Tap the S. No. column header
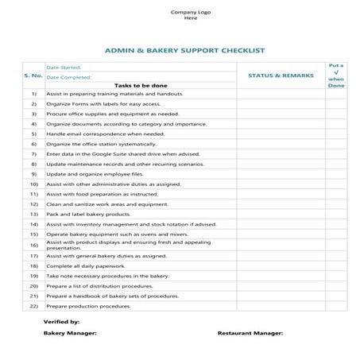click(33, 76)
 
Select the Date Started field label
click(63, 68)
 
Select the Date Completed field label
click(68, 77)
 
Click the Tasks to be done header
click(140, 85)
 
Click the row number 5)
click(34, 134)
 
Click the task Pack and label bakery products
click(87, 215)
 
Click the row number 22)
click(34, 305)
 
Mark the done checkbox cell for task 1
click(336, 94)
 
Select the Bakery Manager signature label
click(70, 334)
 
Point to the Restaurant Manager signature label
click(249, 334)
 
